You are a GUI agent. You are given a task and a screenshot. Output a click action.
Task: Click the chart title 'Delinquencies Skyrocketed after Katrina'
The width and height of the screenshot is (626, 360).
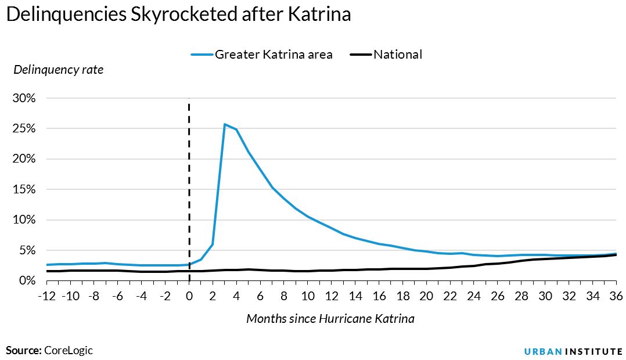(178, 15)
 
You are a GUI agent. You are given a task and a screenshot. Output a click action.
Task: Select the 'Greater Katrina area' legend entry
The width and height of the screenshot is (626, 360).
(273, 55)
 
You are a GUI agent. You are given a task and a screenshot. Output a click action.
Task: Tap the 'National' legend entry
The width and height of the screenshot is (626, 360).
(397, 55)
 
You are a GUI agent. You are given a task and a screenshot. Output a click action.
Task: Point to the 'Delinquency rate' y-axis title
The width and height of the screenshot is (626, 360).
(58, 70)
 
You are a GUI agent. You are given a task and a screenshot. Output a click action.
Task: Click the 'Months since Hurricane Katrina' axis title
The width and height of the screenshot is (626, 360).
(330, 319)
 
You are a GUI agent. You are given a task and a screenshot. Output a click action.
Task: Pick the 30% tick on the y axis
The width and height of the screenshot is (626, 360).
(24, 98)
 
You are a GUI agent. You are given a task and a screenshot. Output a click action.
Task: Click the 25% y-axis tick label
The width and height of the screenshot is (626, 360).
(24, 128)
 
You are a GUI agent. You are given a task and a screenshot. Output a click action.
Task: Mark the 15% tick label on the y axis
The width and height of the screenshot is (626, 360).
(24, 189)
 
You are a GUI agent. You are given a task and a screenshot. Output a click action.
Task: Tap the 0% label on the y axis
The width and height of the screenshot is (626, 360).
(27, 280)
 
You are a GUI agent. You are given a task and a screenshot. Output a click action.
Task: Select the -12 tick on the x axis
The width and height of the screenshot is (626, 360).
(46, 296)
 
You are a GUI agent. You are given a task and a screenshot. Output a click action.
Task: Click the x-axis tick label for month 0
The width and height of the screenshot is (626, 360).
(189, 296)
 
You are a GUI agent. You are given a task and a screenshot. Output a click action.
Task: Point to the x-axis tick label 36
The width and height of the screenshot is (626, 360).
(616, 296)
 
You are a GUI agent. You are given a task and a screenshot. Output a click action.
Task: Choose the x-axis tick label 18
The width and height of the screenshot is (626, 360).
(402, 296)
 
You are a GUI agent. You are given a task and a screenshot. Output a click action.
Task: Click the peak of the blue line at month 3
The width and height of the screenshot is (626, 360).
(225, 124)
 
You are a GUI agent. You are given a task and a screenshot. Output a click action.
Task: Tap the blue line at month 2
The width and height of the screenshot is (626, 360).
(213, 244)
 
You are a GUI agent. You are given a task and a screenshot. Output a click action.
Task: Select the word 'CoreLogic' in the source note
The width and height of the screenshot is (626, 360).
(69, 350)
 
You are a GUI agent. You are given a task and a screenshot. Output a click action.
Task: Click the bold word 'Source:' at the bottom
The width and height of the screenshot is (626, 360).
(23, 350)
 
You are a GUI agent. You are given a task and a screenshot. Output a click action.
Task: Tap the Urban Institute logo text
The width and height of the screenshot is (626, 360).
(573, 351)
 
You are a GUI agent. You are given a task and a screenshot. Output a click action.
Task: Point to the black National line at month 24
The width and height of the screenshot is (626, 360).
(474, 266)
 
